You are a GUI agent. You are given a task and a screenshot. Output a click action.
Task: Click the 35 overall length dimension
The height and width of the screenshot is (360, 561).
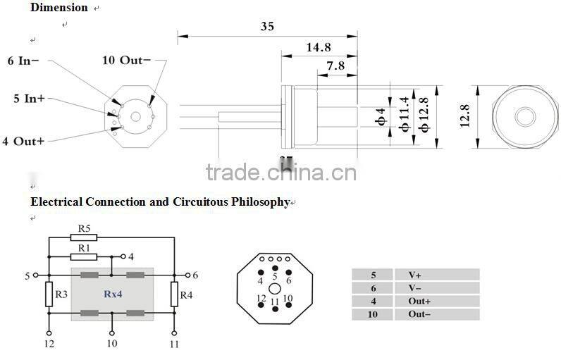pyautogui.click(x=267, y=27)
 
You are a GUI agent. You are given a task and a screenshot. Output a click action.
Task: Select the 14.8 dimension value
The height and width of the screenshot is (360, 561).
pyautogui.click(x=318, y=47)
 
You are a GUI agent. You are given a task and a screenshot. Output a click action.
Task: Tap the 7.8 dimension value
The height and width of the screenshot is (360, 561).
pyautogui.click(x=336, y=66)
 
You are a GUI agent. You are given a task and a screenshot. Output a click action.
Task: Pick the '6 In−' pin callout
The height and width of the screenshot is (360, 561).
pyautogui.click(x=23, y=61)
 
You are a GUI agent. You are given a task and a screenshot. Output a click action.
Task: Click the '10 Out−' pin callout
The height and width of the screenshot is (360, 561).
pyautogui.click(x=126, y=60)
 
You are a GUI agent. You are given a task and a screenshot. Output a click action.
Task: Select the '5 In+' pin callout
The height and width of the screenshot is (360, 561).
pyautogui.click(x=29, y=99)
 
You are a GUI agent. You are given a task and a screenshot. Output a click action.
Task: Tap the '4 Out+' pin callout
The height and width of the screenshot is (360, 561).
pyautogui.click(x=23, y=141)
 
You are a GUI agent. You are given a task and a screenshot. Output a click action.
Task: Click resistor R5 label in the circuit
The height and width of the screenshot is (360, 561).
pyautogui.click(x=85, y=228)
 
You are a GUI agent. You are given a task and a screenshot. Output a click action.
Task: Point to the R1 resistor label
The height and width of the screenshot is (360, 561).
pyautogui.click(x=85, y=247)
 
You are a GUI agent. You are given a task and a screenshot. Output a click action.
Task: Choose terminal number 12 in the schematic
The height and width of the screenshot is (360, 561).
pyautogui.click(x=49, y=344)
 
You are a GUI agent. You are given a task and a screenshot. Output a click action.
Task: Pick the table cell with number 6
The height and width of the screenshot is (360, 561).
pyautogui.click(x=373, y=288)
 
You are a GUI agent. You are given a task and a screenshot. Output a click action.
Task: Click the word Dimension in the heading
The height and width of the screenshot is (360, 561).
pyautogui.click(x=59, y=8)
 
